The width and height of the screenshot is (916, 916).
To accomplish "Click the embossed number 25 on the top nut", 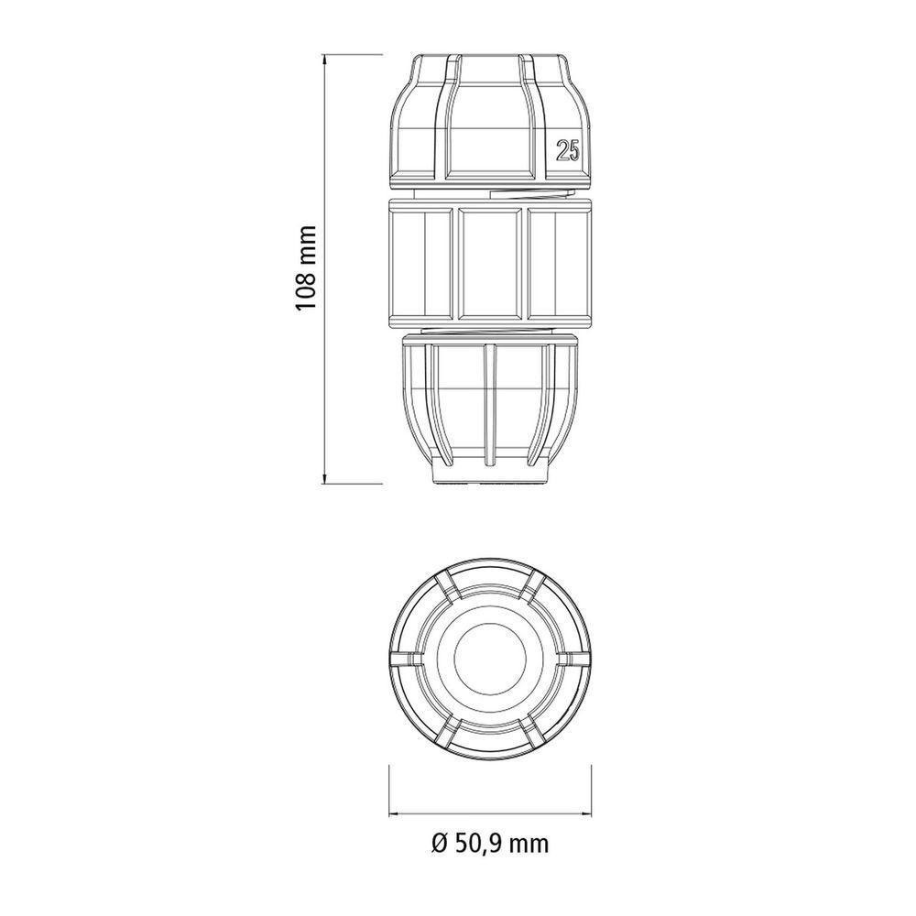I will [567, 152].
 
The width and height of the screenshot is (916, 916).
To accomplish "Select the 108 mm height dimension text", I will [306, 267].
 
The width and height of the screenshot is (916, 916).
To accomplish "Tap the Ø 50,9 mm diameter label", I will [488, 843].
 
